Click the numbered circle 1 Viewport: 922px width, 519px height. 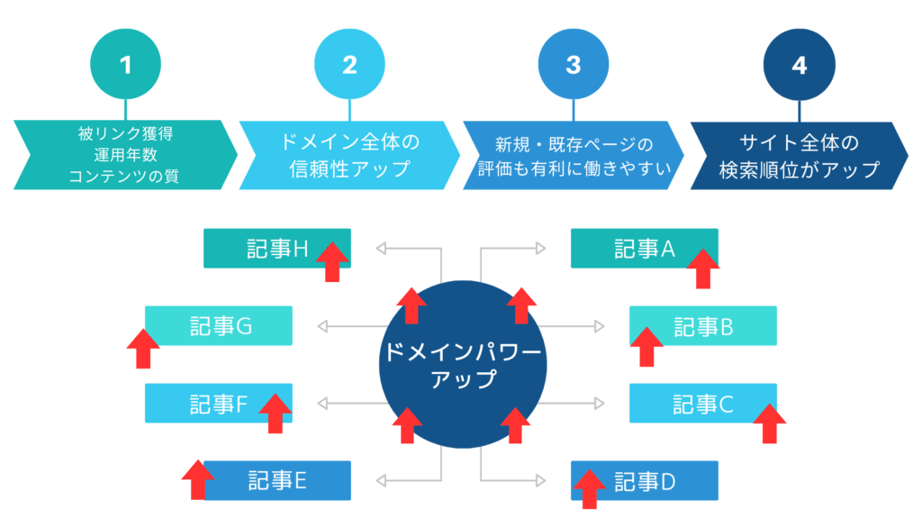point(125,65)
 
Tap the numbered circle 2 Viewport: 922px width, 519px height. point(349,65)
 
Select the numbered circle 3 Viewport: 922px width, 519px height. point(573,65)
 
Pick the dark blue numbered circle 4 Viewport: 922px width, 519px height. point(798,65)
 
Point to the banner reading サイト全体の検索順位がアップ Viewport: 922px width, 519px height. point(796,156)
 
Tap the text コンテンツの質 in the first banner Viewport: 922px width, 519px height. point(124,176)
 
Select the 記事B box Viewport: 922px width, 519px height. point(702,326)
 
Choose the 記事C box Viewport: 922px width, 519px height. point(702,403)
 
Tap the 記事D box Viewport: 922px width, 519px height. point(644,480)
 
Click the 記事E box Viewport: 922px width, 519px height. point(277,480)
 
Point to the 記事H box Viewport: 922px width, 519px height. point(276,248)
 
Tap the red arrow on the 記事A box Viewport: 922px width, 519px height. point(702,269)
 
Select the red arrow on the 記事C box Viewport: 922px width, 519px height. point(768,423)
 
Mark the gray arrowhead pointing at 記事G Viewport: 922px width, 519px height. point(322,325)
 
